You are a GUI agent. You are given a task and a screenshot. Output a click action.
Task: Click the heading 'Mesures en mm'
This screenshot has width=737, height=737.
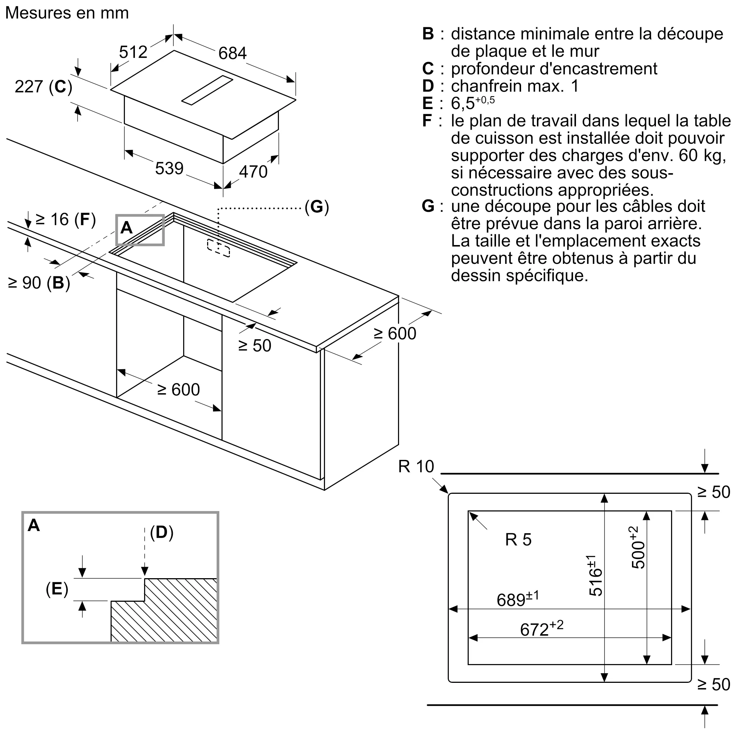67,13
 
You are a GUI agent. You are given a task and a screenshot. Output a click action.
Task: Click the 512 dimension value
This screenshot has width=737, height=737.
133,52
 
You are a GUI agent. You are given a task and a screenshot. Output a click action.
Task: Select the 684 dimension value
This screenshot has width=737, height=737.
232,53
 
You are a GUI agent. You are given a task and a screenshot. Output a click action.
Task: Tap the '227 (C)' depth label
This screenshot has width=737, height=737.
43,87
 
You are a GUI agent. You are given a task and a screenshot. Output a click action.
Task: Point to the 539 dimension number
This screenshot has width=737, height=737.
169,168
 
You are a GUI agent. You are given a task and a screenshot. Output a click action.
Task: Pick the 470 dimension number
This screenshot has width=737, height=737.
253,172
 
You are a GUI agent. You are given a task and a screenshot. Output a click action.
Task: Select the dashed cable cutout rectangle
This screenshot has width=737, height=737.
219,248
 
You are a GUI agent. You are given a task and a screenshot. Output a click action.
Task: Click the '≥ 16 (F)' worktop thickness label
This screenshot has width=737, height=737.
65,220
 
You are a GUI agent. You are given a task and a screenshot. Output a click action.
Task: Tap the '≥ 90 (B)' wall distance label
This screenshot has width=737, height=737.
39,283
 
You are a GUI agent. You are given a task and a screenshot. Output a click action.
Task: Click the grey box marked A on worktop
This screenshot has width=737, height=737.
140,230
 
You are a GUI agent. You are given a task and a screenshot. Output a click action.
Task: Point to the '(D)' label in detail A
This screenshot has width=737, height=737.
162,532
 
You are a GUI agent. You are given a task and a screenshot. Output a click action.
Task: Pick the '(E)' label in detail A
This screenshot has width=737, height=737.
57,588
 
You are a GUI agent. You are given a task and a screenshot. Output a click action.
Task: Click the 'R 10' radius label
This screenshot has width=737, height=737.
416,467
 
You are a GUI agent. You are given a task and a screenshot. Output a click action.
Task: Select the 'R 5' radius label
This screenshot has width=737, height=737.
518,539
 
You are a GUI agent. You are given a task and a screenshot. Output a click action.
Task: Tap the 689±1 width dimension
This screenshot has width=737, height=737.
518,598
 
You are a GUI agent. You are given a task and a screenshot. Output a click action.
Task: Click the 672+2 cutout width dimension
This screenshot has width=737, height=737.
541,628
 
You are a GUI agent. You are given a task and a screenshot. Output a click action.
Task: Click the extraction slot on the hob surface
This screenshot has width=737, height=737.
207,90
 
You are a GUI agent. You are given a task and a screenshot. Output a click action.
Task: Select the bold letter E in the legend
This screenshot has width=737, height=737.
427,104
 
